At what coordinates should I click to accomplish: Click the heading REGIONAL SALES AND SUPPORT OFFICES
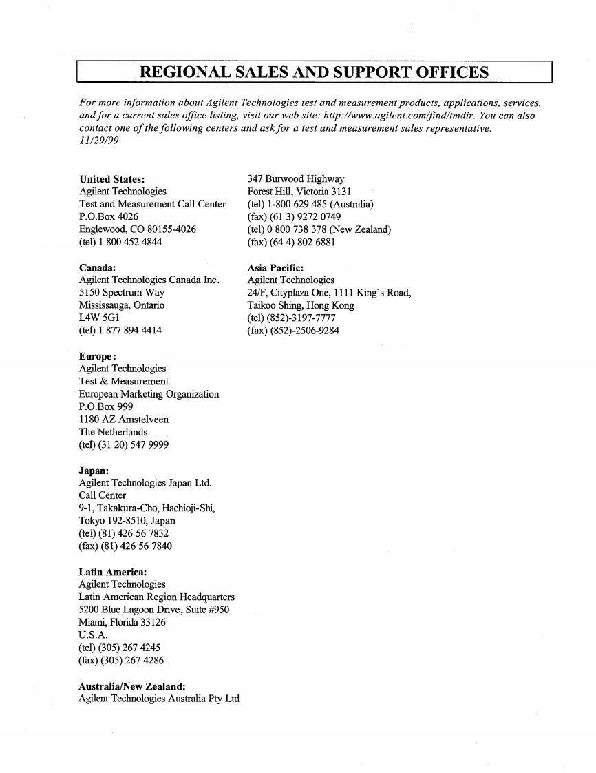pos(314,72)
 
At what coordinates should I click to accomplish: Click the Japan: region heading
pos(94,471)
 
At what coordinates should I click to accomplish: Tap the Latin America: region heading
pos(113,571)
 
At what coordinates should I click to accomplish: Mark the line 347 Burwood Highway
pos(296,178)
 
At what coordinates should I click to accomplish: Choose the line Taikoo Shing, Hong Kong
pos(301,305)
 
